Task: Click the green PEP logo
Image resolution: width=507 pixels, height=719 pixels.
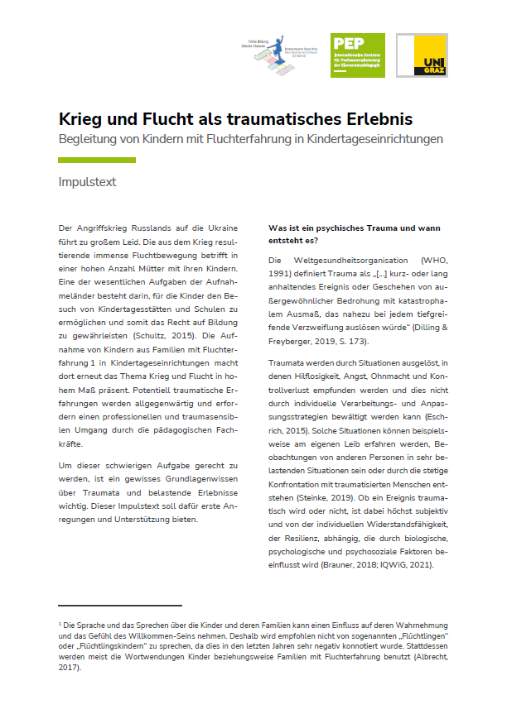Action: click(357, 55)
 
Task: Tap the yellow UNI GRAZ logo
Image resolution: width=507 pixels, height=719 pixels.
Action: click(422, 55)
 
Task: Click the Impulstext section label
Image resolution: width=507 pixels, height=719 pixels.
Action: click(87, 182)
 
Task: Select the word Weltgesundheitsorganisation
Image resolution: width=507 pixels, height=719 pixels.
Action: click(328, 261)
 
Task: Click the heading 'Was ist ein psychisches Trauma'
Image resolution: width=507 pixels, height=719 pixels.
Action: click(354, 228)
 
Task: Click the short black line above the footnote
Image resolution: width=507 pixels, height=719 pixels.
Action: click(120, 606)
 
